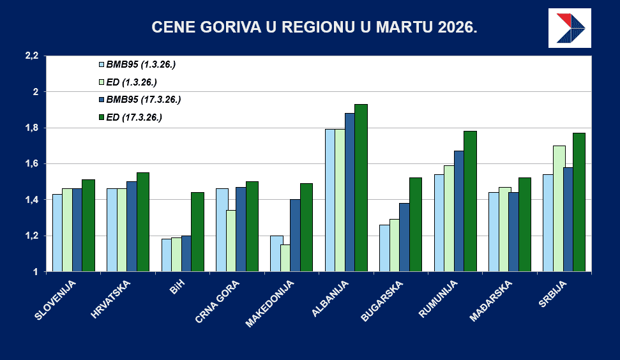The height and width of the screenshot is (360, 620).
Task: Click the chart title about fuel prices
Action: click(x=314, y=27)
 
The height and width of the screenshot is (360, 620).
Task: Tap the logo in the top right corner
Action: click(x=570, y=28)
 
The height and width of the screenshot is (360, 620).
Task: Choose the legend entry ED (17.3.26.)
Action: click(x=134, y=117)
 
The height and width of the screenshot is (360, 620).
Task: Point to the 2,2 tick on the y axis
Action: click(x=31, y=56)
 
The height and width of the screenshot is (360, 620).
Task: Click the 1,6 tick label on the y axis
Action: click(x=31, y=164)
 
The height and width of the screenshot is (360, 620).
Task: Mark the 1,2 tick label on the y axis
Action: click(x=31, y=236)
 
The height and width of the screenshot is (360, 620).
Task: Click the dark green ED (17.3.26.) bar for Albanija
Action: click(x=361, y=188)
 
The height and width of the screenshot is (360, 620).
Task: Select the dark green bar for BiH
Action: click(x=197, y=232)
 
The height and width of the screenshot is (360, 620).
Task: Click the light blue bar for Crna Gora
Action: click(x=222, y=230)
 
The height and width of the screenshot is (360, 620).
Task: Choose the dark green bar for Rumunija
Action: click(x=470, y=201)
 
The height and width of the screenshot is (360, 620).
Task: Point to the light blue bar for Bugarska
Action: click(x=385, y=248)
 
